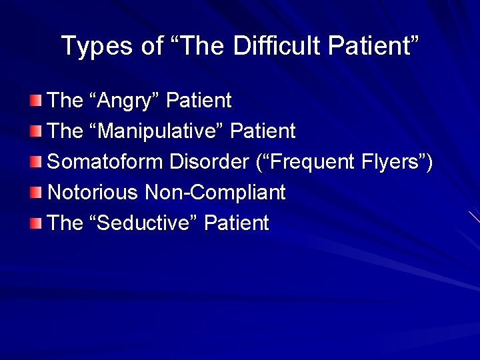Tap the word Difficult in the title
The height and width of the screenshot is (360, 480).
[267, 46]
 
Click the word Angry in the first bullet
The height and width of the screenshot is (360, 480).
[127, 101]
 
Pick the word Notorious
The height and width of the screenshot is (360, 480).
[93, 193]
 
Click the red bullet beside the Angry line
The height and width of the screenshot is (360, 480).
[35, 101]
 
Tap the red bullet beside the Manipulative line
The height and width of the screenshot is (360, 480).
[35, 131]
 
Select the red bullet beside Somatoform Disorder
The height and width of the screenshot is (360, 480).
[35, 162]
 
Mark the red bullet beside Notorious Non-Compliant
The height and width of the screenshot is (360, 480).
[35, 193]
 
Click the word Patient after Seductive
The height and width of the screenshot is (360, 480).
[237, 223]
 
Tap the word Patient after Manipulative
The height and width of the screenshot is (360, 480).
[263, 131]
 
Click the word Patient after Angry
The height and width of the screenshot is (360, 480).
[199, 101]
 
